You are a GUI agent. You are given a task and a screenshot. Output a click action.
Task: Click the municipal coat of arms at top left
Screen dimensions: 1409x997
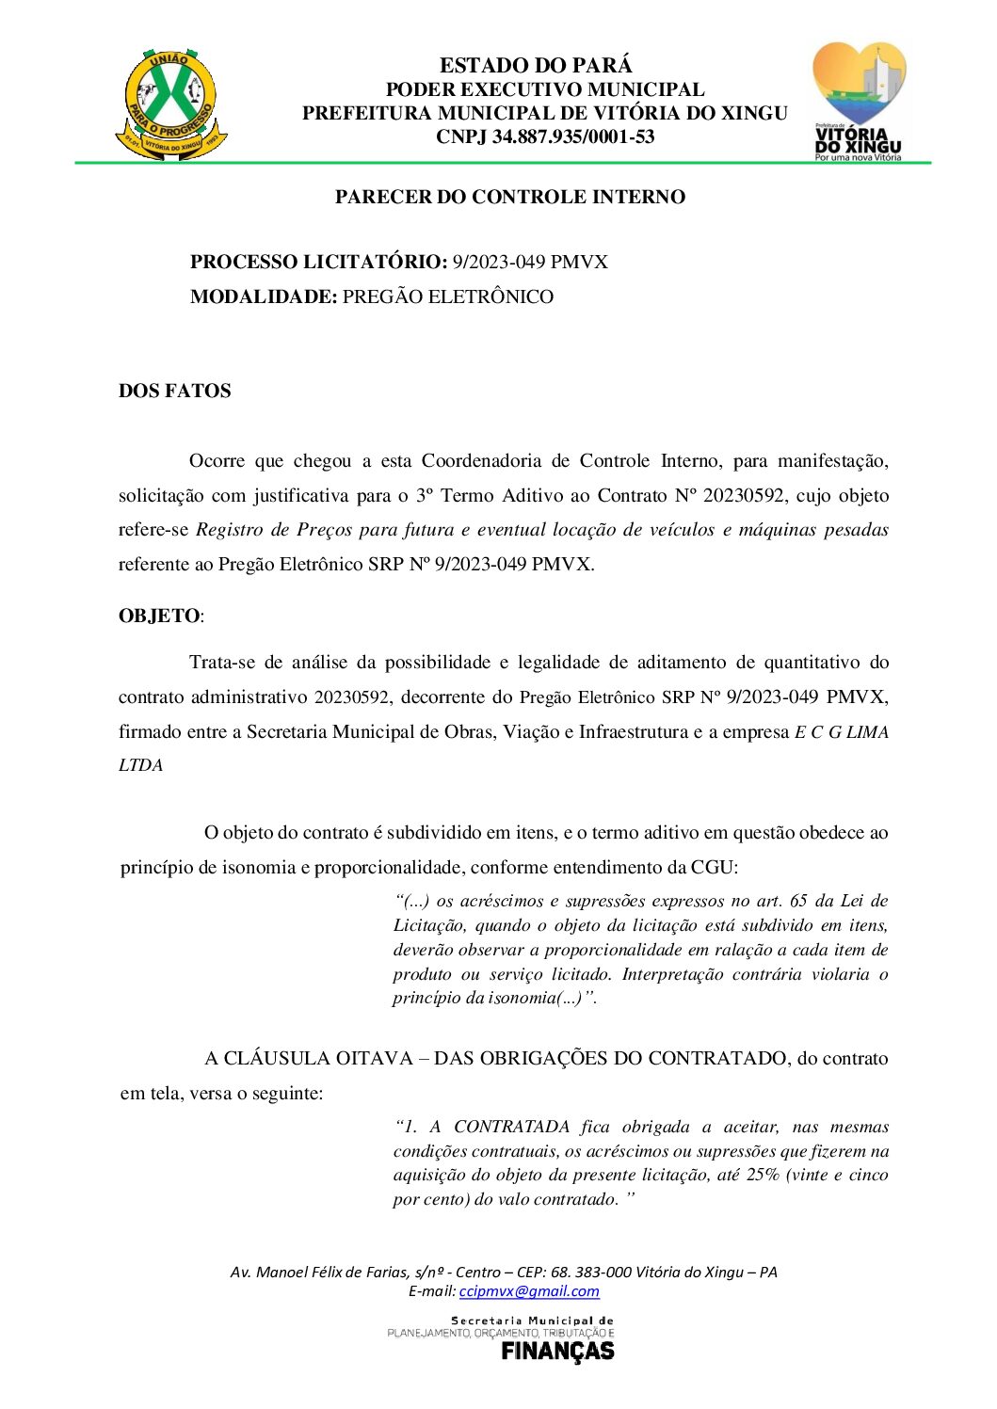tap(171, 104)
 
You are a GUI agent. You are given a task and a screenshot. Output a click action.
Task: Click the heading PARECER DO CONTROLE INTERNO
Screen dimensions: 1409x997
tap(509, 198)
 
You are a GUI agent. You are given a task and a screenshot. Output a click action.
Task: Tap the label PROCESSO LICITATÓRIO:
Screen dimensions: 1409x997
tap(318, 263)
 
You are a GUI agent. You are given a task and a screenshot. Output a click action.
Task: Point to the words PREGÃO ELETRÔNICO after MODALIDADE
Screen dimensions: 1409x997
tap(448, 297)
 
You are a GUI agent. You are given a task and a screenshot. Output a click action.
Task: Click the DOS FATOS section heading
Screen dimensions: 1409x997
tap(174, 392)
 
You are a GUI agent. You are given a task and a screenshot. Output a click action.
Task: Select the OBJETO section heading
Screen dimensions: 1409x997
tap(159, 616)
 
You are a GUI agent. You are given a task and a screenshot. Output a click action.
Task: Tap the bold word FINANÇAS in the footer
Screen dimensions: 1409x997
tap(557, 1352)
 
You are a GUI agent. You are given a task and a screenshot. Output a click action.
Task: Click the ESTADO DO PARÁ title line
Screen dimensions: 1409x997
tap(536, 66)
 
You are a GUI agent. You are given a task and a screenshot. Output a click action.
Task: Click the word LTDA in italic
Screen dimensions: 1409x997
tap(141, 766)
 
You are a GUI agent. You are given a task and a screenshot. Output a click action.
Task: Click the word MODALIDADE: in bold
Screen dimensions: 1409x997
tap(264, 297)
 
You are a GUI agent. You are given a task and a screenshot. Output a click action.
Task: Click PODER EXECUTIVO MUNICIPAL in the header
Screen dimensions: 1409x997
tap(545, 90)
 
